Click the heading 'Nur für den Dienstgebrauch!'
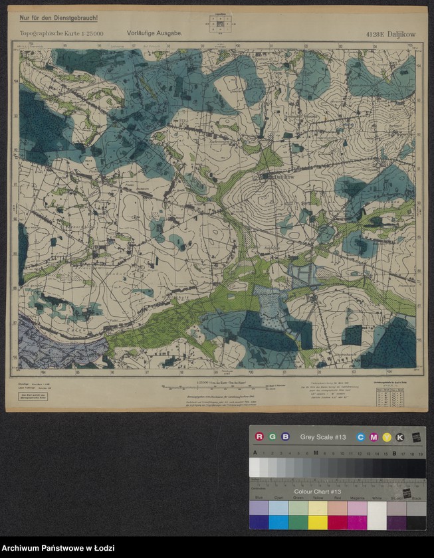pos(59,17)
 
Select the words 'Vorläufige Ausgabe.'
pos(155,33)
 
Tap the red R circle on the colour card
pos(259,436)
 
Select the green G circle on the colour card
pos(272,436)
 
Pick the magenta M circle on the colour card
pos(374,436)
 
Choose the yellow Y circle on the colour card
pos(387,436)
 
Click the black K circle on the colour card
pos(400,436)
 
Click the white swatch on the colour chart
pos(377,515)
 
